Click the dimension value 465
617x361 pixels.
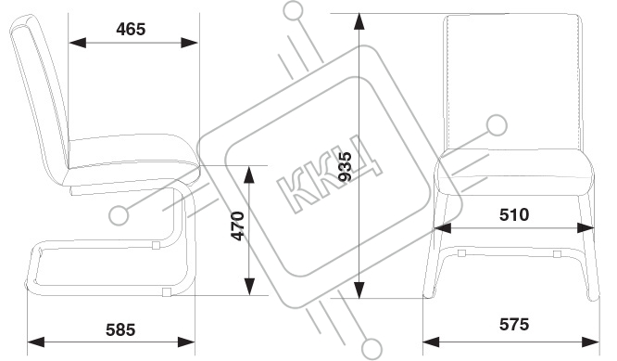[x=131, y=29]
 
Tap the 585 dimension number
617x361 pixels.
[x=120, y=329]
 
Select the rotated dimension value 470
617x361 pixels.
[x=238, y=226]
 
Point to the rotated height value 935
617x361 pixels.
[x=346, y=166]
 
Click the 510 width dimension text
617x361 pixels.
[x=514, y=214]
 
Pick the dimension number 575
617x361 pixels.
[x=514, y=325]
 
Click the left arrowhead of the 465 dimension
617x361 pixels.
[x=78, y=43]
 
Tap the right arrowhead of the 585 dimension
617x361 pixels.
[x=186, y=342]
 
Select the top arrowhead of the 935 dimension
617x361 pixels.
[x=359, y=22]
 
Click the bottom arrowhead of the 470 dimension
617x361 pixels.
[x=249, y=287]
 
